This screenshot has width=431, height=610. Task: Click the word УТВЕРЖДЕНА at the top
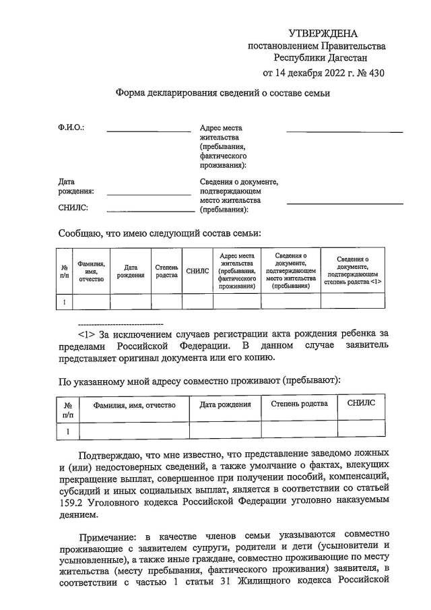coord(323,33)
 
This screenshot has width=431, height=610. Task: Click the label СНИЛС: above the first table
coord(73,208)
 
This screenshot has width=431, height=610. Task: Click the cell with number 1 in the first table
coord(64,301)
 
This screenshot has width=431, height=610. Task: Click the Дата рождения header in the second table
coord(225,404)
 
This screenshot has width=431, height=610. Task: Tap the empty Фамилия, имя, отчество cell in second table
coord(134,429)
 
